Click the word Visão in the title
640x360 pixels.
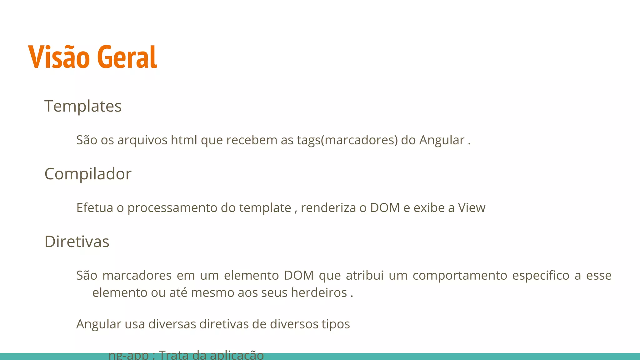click(59, 57)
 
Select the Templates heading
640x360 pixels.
click(83, 106)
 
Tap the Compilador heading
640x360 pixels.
click(88, 174)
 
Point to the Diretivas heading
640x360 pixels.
click(77, 242)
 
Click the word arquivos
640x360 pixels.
click(142, 140)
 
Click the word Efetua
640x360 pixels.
click(95, 208)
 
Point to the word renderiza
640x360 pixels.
click(328, 208)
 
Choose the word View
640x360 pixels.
click(472, 208)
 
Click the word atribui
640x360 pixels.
click(364, 276)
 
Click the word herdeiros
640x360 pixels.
click(319, 293)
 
